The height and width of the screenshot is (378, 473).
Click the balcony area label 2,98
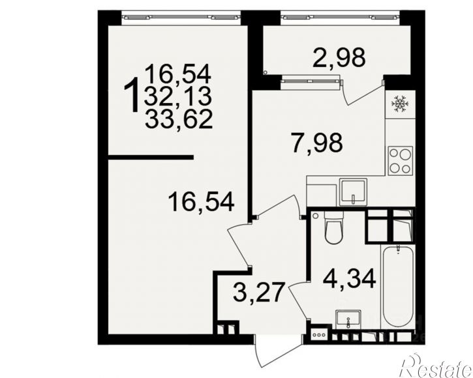pos(339,57)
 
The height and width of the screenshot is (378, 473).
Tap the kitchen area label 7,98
pos(316,143)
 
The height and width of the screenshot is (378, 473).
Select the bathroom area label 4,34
pos(349,279)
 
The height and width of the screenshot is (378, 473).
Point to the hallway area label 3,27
pos(259,293)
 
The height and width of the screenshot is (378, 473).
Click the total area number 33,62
pos(179,119)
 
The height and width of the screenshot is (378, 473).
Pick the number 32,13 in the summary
pos(177,96)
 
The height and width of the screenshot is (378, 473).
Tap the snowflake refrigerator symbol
pos(400,104)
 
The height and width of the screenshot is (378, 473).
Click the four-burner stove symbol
pos(401,161)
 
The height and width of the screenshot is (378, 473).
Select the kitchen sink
pos(353,192)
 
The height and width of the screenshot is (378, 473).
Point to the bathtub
pos(398,286)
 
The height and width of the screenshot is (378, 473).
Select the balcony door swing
pos(363,93)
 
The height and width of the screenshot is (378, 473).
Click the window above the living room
pos(181,17)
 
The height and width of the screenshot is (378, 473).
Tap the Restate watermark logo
pos(437,366)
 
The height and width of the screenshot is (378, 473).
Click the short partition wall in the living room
pos(151,157)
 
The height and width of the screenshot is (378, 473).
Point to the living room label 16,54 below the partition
pos(201,202)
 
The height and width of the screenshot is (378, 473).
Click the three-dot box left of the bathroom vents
pos(319,335)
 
